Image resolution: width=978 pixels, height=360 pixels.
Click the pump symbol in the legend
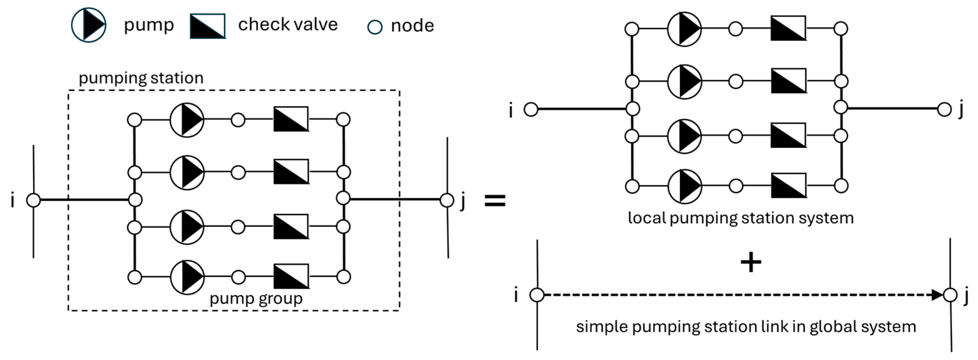88,25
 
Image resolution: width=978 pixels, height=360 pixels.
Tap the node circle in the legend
375,27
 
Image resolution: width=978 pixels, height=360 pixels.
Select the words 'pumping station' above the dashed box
141,78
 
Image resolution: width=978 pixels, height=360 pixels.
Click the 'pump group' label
256,299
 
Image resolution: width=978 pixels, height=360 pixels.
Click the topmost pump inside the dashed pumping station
187,120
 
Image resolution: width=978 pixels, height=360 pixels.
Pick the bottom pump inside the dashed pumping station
187,277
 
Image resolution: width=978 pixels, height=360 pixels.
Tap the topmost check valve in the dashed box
291,119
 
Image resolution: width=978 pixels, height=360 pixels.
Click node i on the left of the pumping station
33,200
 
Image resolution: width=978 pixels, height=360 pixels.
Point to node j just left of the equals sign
447,200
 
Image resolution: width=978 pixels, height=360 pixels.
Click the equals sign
495,200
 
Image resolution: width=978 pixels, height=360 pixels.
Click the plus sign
751,263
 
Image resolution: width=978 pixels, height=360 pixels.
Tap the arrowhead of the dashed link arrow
938,295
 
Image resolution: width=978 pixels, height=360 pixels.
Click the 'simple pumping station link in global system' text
746,327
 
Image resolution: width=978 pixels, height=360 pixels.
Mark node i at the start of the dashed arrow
537,295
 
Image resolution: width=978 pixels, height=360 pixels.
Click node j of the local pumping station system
944,109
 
